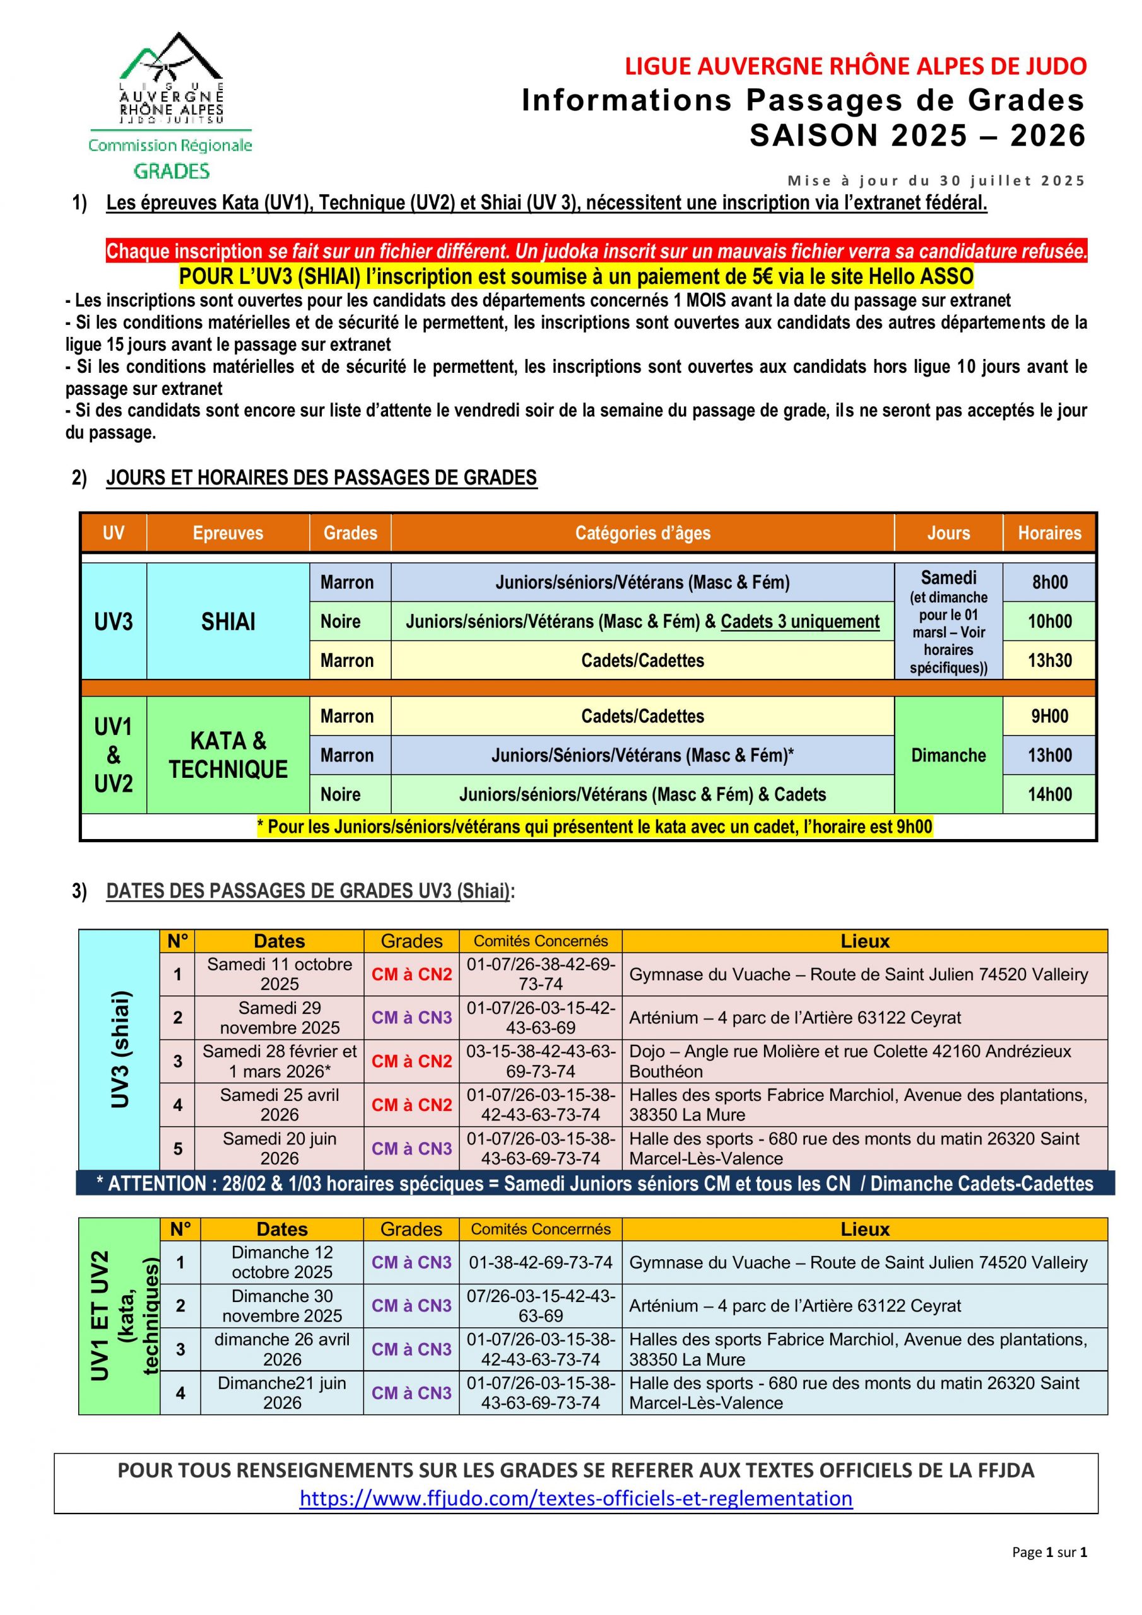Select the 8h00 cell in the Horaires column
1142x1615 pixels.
1049,582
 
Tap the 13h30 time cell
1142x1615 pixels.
1049,660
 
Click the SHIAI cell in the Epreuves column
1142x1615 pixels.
228,621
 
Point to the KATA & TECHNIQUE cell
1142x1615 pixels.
228,755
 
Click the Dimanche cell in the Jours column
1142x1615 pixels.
948,755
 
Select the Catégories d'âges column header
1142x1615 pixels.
642,532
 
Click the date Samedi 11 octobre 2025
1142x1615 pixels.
280,973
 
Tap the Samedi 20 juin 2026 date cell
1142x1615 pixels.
280,1148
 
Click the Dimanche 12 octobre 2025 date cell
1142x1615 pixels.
281,1262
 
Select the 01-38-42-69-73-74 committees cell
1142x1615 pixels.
540,1262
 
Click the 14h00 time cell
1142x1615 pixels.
1049,794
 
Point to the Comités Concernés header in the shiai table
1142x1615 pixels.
540,941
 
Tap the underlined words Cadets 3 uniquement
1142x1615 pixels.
800,621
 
